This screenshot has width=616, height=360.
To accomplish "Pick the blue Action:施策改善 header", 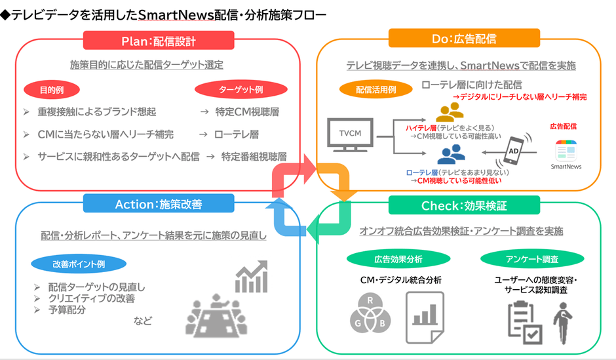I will pos(159,205).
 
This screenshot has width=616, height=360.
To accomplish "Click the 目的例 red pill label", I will pos(51,89).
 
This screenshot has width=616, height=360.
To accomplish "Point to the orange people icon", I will pos(451,111).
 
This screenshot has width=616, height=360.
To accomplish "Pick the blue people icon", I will pos(451,155).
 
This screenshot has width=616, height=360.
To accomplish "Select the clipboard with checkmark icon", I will pos(525,321).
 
